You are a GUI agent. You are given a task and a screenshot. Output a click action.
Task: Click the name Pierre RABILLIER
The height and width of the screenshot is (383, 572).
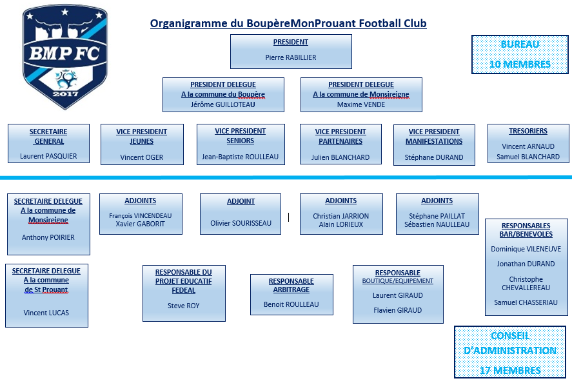click(x=291, y=57)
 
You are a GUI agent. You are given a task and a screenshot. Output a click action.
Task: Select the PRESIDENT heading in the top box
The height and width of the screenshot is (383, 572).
click(x=291, y=42)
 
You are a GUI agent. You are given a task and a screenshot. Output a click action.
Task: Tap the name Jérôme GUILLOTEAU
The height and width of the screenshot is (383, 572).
click(x=223, y=104)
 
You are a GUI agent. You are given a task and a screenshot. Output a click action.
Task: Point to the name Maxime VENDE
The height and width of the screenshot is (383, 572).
click(x=360, y=104)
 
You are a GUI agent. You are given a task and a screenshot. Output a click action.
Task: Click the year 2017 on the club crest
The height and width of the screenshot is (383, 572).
click(x=65, y=94)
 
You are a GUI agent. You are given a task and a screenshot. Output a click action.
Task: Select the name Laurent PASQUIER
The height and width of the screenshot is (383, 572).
click(x=48, y=156)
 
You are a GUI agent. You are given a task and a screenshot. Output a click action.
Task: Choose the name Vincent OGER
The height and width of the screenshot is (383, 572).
click(x=141, y=157)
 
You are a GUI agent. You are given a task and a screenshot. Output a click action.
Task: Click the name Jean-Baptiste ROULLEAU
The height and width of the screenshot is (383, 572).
click(x=240, y=157)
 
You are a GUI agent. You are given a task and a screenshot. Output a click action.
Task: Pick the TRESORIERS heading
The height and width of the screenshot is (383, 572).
click(x=528, y=131)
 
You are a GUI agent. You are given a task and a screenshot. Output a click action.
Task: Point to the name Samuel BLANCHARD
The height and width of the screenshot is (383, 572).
click(x=528, y=157)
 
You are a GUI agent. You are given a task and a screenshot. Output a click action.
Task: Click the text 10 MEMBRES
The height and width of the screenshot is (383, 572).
click(x=520, y=64)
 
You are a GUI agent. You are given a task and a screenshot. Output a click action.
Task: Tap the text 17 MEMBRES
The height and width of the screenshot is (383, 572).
click(x=510, y=370)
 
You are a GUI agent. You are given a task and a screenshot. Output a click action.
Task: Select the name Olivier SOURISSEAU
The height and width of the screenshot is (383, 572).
click(x=241, y=223)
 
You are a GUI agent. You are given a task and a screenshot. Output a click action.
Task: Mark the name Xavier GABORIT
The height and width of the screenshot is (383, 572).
click(x=141, y=224)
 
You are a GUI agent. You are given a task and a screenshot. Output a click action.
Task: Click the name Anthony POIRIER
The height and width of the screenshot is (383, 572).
click(x=48, y=237)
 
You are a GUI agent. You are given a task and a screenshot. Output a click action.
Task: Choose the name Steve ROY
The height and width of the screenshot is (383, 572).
click(x=184, y=306)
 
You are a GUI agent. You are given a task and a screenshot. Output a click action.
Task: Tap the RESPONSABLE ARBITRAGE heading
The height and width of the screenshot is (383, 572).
click(x=291, y=285)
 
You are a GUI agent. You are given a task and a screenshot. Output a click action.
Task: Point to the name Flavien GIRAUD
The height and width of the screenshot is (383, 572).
click(x=398, y=310)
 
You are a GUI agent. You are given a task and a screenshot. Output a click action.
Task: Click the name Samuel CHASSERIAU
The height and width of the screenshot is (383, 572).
click(x=526, y=302)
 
